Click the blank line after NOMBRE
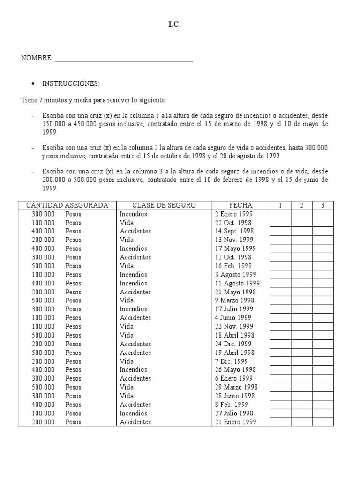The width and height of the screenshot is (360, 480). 124,59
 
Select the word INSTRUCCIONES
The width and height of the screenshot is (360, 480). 71,83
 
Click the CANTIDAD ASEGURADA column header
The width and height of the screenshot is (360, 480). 67,205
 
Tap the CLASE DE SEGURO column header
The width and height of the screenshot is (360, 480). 164,205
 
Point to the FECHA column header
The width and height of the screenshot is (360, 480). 240,205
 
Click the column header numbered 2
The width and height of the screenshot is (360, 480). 301,205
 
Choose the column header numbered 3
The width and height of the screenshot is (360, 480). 322,205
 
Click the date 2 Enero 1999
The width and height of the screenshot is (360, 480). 233,214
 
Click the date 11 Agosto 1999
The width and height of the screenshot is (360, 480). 237,283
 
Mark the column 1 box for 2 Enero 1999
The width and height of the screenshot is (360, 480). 280,214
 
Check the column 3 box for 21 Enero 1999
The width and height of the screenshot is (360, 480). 322,422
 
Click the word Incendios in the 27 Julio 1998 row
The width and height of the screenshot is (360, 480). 133,413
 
